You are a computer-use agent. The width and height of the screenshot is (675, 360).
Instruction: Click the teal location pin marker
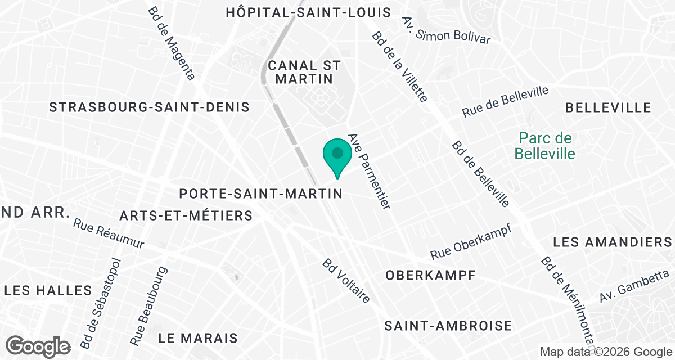337,155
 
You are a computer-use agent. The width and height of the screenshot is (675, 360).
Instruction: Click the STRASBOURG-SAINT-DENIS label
149,107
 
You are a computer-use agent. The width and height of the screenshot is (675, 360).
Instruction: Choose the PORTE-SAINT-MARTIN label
261,193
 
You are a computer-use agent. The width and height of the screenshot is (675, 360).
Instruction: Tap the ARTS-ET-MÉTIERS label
186,215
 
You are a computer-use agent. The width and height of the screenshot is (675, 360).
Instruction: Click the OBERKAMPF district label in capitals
431,275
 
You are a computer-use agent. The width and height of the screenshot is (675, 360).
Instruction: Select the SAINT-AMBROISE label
448,326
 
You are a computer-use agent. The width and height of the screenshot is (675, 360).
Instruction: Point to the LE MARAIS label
198,338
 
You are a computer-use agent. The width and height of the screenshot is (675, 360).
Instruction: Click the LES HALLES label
48,290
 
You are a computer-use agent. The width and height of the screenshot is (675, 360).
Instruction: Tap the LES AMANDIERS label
613,242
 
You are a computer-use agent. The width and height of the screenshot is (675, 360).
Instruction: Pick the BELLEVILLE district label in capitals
608,107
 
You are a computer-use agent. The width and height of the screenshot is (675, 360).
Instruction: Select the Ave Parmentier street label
369,172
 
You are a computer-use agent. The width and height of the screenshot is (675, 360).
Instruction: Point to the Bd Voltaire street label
346,281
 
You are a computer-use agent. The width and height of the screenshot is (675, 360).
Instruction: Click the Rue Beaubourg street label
149,306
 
